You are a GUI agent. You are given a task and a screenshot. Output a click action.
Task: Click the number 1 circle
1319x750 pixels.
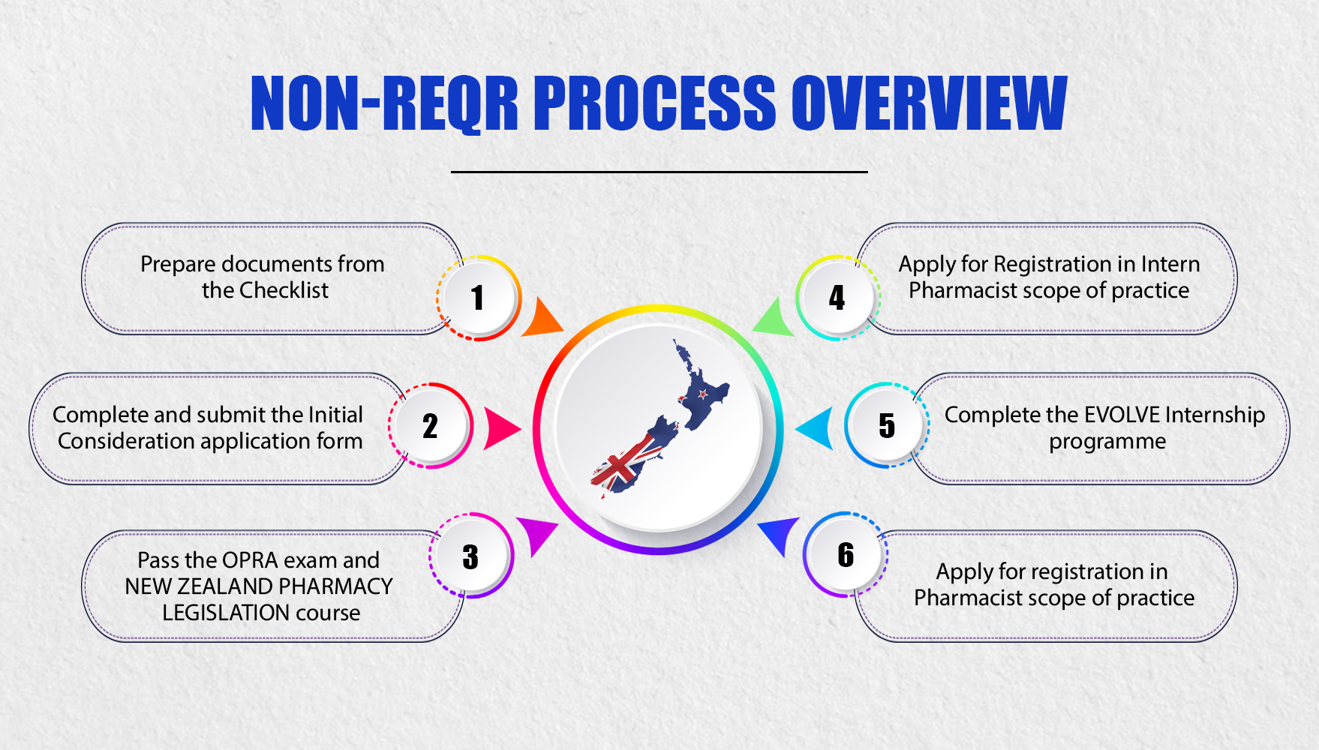(x=478, y=298)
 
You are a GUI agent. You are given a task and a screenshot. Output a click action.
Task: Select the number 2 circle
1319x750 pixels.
(x=430, y=426)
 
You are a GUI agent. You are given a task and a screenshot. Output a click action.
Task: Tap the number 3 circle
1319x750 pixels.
(x=470, y=556)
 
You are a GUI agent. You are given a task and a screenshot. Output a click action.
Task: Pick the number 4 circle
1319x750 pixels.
(x=837, y=298)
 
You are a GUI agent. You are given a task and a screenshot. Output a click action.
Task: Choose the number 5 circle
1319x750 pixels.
(x=887, y=425)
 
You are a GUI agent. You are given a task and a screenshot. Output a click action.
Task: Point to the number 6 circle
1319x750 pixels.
(x=846, y=555)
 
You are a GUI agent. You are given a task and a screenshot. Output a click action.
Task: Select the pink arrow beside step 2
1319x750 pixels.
(x=500, y=428)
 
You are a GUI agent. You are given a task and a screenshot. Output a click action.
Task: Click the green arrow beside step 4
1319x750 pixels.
(x=773, y=319)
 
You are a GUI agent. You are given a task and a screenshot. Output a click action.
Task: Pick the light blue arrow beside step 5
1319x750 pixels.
(x=817, y=428)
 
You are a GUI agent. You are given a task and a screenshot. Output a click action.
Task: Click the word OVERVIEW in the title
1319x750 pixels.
(x=929, y=103)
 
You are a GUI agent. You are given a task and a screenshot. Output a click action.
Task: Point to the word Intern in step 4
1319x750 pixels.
(x=1170, y=264)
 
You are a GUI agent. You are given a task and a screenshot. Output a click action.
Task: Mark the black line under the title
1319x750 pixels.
(x=659, y=172)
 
